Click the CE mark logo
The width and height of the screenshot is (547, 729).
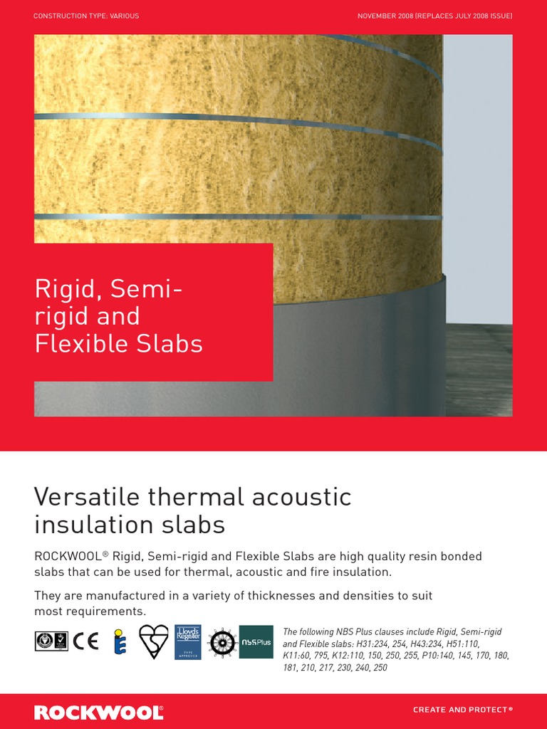pos(85,641)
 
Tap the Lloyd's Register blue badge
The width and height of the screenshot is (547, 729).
pos(188,642)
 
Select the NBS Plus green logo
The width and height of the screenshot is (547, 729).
pos(256,641)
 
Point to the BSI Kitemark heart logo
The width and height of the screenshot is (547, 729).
pos(153,641)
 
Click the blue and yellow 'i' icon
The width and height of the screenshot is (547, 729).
pos(119,642)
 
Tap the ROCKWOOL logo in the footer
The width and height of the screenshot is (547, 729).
pos(99,712)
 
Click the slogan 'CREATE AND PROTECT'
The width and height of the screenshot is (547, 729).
pos(462,710)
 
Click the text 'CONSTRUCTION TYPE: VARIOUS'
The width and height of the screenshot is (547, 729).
pos(86,16)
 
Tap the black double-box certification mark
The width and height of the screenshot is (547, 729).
pos(51,641)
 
